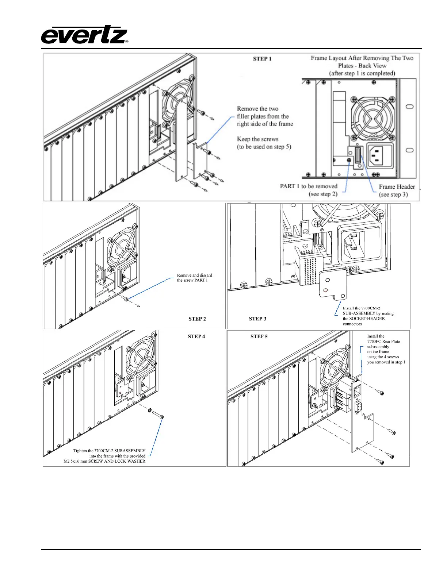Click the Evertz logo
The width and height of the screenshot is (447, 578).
tap(84, 35)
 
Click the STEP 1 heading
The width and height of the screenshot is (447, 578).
tap(262, 59)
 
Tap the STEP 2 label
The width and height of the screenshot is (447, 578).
tap(197, 319)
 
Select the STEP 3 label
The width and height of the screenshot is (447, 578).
tap(257, 319)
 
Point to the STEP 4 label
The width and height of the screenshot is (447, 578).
tap(196, 336)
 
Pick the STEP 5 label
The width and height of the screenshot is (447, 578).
tap(259, 336)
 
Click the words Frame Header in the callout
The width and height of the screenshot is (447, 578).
tap(397, 187)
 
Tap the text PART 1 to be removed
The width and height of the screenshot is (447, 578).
tap(309, 186)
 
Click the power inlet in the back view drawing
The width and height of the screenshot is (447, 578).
tap(379, 155)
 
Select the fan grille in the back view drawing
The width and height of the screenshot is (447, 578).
tap(372, 118)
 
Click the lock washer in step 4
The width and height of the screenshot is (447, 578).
tap(150, 411)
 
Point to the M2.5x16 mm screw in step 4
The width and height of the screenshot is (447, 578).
tap(157, 415)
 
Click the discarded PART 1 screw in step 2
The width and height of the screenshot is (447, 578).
tap(126, 299)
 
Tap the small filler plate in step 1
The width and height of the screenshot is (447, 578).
tap(200, 161)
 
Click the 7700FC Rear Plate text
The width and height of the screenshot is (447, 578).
tap(383, 342)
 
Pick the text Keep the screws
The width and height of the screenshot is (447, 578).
tap(257, 139)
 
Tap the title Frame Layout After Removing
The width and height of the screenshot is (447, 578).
tap(362, 58)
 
